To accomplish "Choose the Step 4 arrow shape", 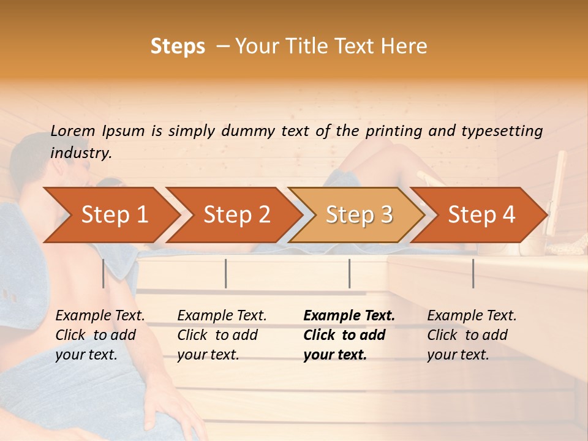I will click(x=480, y=215).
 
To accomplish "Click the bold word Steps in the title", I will click(x=178, y=46).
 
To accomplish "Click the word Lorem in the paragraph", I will click(x=72, y=130).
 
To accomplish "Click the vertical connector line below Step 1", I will click(x=104, y=273).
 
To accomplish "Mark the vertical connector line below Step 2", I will click(x=226, y=273).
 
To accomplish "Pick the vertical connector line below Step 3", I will click(x=350, y=273).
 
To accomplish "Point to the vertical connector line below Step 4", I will click(x=473, y=273).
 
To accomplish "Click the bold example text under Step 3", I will click(x=349, y=335).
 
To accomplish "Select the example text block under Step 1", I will click(x=100, y=335).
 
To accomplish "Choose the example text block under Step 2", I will click(x=222, y=335).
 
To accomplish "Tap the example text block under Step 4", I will click(x=472, y=335).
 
